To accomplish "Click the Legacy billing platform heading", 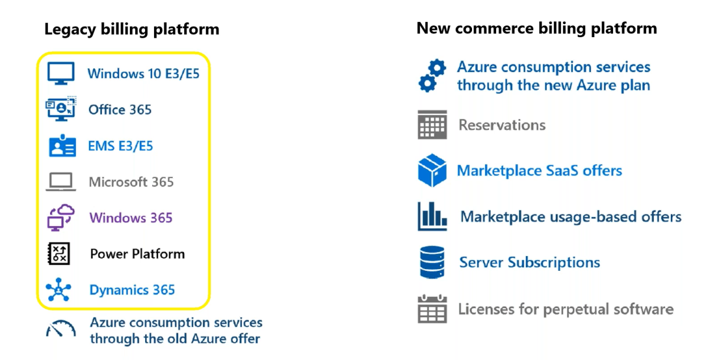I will [x=132, y=29].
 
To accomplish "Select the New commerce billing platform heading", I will [x=536, y=28].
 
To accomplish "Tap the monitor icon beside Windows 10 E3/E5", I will [x=61, y=74].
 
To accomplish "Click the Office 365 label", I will [x=120, y=110].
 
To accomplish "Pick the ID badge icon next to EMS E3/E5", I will [x=62, y=146].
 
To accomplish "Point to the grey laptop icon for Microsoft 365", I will [x=61, y=182].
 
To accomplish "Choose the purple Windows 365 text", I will [x=131, y=218].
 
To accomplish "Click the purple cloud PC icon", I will [x=61, y=217].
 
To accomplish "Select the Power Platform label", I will [x=137, y=254].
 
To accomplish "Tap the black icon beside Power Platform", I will [x=59, y=254].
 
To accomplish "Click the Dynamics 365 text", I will [x=132, y=290].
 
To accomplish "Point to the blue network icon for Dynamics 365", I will [x=59, y=290].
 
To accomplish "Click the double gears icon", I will [x=432, y=76].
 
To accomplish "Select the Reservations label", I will [x=501, y=125].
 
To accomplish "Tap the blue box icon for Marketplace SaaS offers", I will [x=432, y=171].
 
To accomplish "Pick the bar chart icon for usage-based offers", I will [x=432, y=217].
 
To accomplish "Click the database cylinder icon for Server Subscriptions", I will [x=432, y=263].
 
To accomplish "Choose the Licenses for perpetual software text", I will [x=565, y=309].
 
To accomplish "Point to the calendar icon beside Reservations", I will [x=432, y=125].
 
